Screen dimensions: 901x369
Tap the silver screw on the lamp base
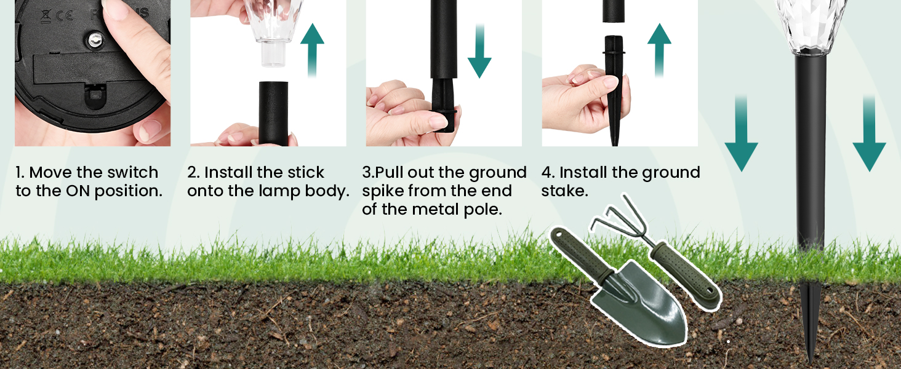pos(95,39)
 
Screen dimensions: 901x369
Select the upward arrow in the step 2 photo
pos(312,50)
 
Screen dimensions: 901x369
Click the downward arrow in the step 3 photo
pos(479,50)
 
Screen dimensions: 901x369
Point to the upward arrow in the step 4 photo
pos(659,50)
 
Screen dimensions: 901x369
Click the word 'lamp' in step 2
pos(279,192)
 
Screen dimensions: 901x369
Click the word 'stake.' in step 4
pos(564,191)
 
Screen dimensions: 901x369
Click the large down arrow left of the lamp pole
pos(742,133)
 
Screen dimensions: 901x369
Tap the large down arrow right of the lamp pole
pos(869,133)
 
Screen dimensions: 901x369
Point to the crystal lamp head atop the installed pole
pos(810,26)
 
